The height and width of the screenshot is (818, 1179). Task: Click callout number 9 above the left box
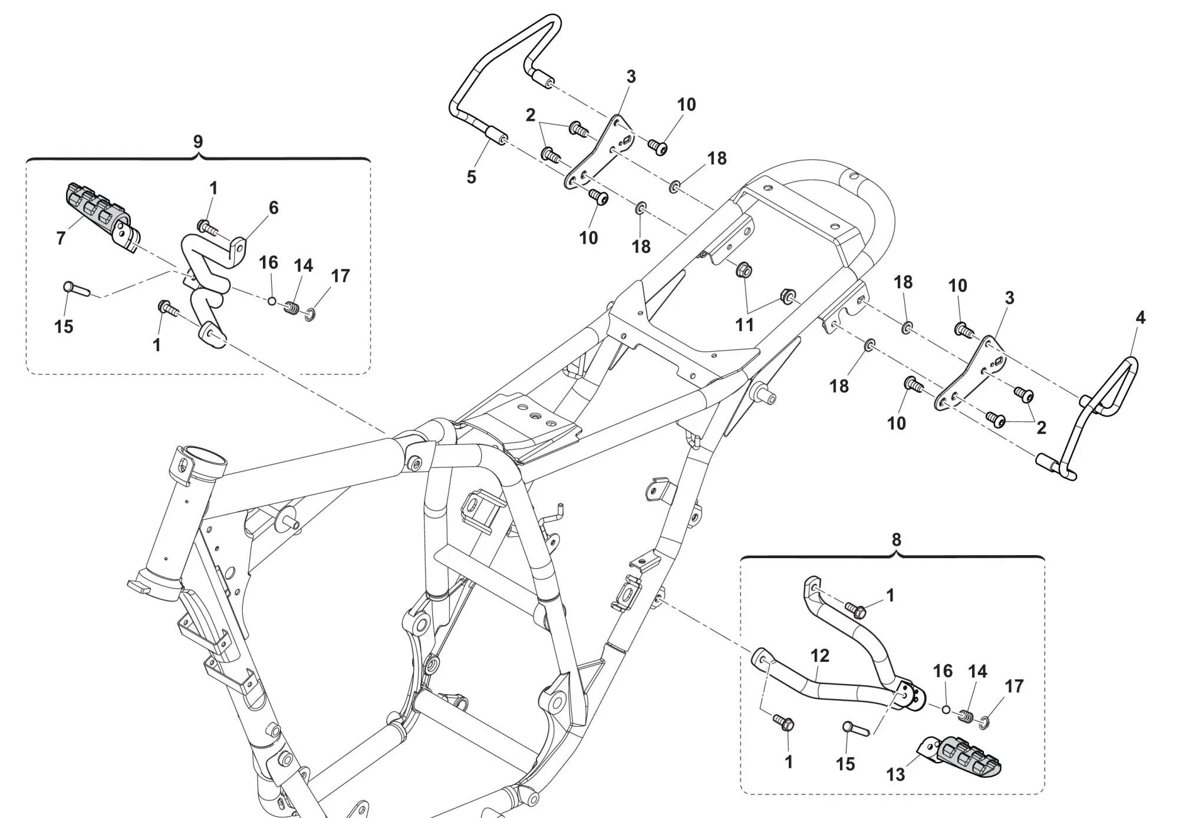[x=198, y=141]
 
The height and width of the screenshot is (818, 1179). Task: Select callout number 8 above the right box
[x=896, y=540]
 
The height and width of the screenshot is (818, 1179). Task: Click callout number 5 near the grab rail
[x=471, y=177]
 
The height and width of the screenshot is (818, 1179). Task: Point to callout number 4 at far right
[x=1140, y=318]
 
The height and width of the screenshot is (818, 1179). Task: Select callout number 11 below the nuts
[x=745, y=325]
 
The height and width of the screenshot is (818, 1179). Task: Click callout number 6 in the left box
[x=274, y=208]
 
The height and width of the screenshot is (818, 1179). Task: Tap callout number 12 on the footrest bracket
[x=820, y=656]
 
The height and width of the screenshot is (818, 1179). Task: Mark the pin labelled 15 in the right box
[x=855, y=729]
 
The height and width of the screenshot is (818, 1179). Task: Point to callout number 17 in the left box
[x=341, y=276]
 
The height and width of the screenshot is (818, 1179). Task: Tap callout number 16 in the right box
[x=943, y=671]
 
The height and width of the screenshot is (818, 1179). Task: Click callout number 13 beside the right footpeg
[x=895, y=775]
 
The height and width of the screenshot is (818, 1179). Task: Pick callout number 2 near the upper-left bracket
[x=530, y=116]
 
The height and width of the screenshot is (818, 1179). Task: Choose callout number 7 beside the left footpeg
[x=61, y=238]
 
